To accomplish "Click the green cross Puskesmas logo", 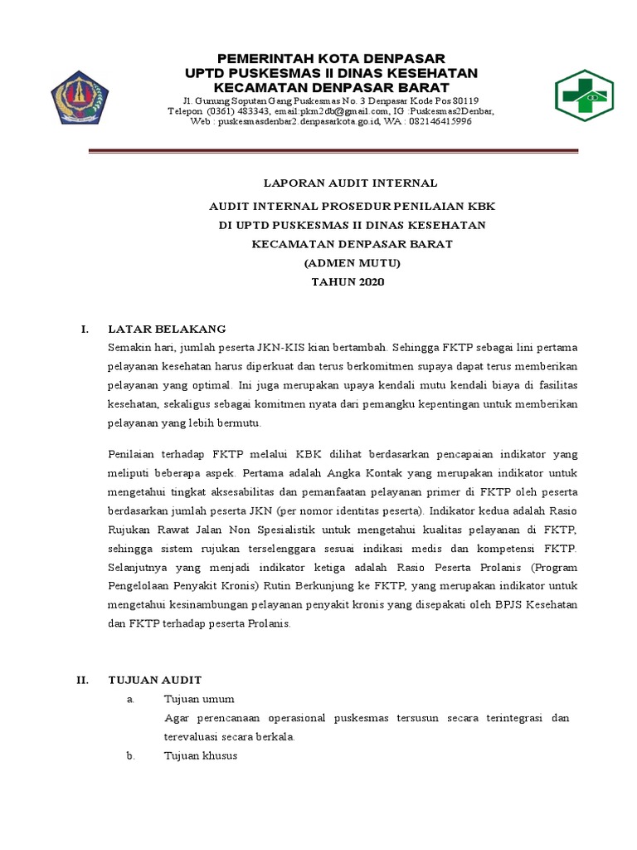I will pyautogui.click(x=583, y=96).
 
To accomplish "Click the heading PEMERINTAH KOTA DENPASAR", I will pyautogui.click(x=331, y=58).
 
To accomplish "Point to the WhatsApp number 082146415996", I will pyautogui.click(x=440, y=121).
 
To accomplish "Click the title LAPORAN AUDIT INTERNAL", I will pyautogui.click(x=349, y=183).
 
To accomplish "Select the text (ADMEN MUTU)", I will pyautogui.click(x=349, y=262).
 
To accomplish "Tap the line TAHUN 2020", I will pyautogui.click(x=349, y=282).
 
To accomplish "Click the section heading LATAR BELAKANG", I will pyautogui.click(x=167, y=329).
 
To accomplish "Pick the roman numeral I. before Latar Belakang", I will pyautogui.click(x=84, y=329).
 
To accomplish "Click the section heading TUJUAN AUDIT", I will pyautogui.click(x=155, y=679).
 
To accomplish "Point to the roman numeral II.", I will pyautogui.click(x=82, y=679).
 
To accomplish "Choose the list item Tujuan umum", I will pyautogui.click(x=199, y=699).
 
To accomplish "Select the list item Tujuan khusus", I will pyautogui.click(x=201, y=755).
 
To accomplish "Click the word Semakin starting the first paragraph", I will pyautogui.click(x=129, y=345).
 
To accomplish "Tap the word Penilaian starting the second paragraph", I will pyautogui.click(x=132, y=454).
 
